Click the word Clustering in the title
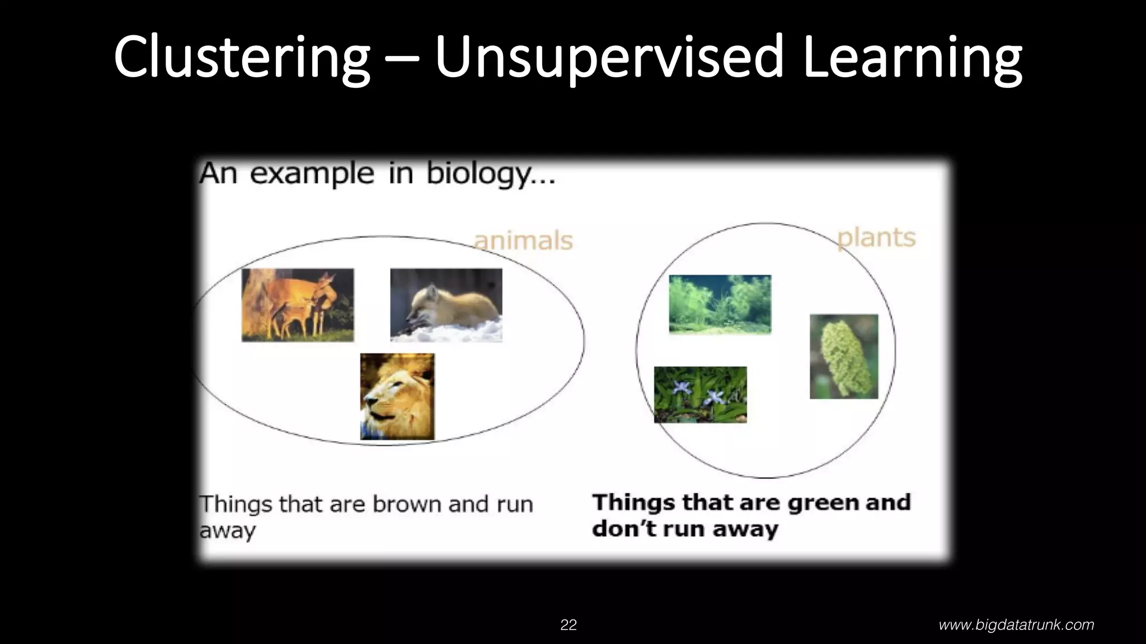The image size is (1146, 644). pos(242,57)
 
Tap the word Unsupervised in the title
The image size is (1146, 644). pos(608,57)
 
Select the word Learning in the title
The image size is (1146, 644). pos(912,57)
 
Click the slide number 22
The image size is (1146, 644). pos(569,625)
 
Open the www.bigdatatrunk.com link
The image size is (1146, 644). pos(1016,625)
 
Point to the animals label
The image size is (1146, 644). pos(523,241)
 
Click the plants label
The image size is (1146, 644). pos(876,238)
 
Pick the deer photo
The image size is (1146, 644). pos(298,305)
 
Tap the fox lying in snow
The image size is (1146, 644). pos(446,305)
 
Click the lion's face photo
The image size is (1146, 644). pos(397,396)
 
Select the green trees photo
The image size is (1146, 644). pos(720,304)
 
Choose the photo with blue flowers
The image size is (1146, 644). pos(700,394)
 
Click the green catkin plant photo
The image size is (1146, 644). pos(844,356)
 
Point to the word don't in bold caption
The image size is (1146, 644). pos(620,528)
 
